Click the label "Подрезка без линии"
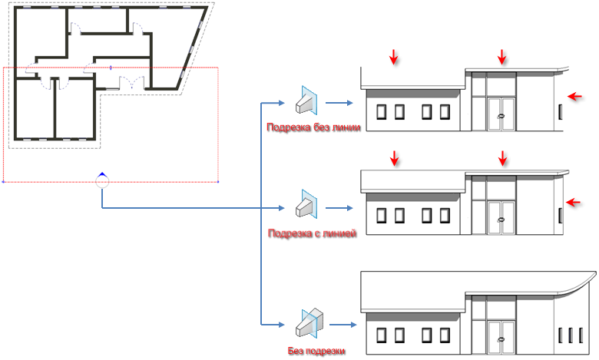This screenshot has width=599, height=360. click(x=312, y=127)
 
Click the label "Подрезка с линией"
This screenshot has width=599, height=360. click(x=312, y=233)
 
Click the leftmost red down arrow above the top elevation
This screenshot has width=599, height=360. click(x=394, y=57)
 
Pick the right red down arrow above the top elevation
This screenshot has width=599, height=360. click(x=502, y=57)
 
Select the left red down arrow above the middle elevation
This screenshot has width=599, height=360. click(x=394, y=159)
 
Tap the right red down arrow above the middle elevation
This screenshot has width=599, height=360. click(x=502, y=159)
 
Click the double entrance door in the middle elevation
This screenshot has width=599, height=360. click(x=502, y=219)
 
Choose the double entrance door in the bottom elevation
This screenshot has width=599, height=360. click(x=502, y=335)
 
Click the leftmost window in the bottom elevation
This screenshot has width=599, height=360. click(x=381, y=335)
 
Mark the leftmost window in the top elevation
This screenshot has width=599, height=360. click(x=381, y=112)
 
